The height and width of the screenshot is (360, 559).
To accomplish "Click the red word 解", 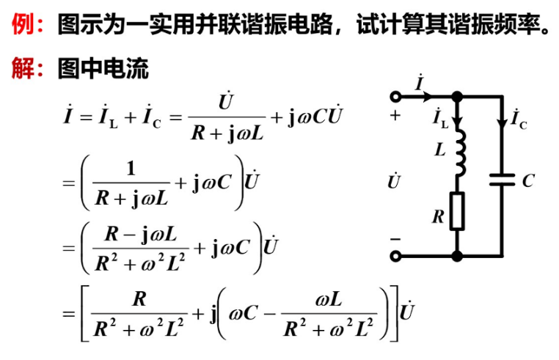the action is click(x=23, y=69).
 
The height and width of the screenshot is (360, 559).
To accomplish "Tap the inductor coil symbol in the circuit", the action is click(x=460, y=155).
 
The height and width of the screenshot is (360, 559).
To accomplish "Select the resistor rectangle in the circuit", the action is click(x=457, y=211).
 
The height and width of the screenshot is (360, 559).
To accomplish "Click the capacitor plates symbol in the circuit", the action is click(x=502, y=180).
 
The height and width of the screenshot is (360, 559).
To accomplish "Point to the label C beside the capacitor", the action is click(x=527, y=180).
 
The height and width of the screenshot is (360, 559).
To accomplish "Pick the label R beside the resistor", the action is click(x=438, y=216).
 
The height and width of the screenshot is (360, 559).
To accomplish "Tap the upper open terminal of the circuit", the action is click(x=397, y=96).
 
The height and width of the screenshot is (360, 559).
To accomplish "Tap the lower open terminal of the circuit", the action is click(x=397, y=256).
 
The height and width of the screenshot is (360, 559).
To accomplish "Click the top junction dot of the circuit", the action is click(x=457, y=96).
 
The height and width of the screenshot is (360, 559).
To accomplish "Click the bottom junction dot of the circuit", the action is click(x=457, y=256).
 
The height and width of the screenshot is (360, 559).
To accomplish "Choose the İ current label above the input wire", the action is click(x=419, y=83).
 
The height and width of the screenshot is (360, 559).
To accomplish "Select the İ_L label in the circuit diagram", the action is click(x=440, y=117).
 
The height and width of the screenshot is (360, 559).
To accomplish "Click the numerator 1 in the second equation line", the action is click(x=131, y=169).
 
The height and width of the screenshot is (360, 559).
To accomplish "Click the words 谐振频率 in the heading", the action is click(x=485, y=26).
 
